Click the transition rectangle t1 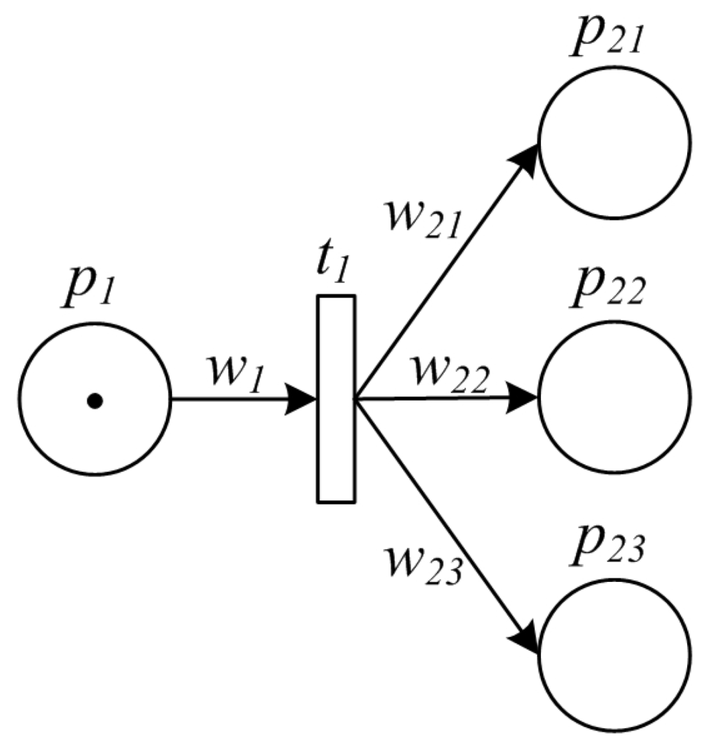[x=336, y=399]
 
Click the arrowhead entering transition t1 [x=304, y=399]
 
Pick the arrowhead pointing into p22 [x=524, y=398]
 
